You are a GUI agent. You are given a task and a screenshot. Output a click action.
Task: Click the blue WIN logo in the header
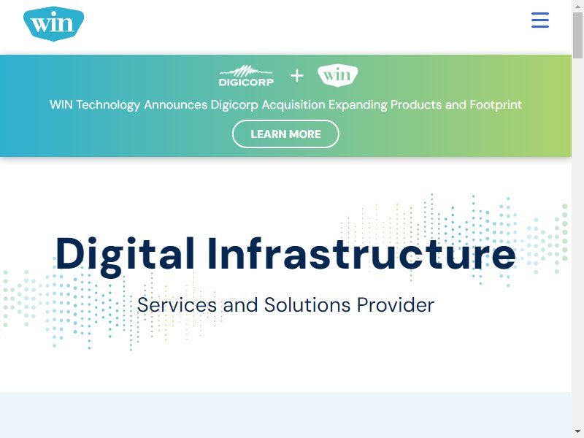(53, 23)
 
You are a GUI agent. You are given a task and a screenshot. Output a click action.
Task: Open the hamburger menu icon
(540, 20)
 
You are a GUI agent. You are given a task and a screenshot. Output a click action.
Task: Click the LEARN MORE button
(285, 134)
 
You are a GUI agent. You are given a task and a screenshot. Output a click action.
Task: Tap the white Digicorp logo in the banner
(246, 76)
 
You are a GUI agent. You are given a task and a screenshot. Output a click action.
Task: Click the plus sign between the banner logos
(297, 76)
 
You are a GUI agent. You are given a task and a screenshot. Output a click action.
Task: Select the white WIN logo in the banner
(338, 76)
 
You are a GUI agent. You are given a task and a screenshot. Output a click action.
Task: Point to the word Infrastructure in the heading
(361, 253)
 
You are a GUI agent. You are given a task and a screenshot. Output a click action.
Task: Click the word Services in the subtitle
(177, 305)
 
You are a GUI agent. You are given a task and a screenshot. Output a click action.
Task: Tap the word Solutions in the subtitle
(307, 305)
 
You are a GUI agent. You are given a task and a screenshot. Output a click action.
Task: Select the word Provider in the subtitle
(396, 305)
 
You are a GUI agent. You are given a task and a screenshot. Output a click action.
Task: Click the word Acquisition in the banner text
(293, 104)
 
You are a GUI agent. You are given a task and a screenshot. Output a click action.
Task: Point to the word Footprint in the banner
(496, 104)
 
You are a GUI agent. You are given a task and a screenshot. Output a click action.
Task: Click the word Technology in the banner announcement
(108, 105)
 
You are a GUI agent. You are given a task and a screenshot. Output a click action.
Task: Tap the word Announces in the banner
(176, 104)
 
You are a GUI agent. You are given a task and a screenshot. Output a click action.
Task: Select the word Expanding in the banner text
(358, 105)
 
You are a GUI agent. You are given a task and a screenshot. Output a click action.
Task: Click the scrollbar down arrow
(577, 431)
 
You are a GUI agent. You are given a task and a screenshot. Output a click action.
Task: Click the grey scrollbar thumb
(578, 35)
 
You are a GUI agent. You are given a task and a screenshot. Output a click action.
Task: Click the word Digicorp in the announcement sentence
(234, 105)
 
